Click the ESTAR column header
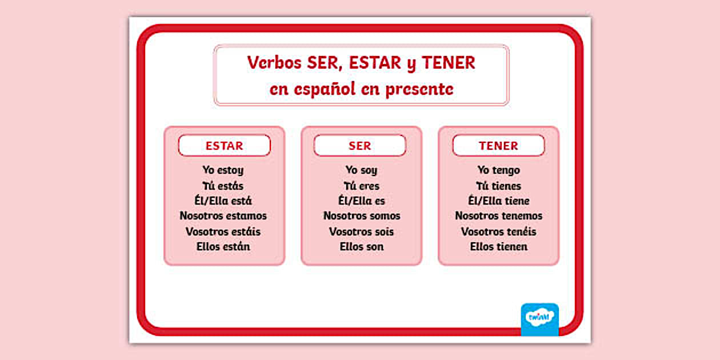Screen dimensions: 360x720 224,146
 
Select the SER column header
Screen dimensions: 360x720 359,146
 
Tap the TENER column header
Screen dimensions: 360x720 498,146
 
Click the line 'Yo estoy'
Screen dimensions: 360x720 223,170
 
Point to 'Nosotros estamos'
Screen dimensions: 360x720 223,216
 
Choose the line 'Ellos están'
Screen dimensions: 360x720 223,247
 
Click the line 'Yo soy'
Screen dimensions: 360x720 361,170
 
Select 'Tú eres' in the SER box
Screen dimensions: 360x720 361,186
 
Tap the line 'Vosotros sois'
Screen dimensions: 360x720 361,231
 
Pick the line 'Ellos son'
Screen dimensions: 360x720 361,247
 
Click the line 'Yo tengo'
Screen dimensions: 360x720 498,170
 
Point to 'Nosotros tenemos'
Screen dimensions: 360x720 498,216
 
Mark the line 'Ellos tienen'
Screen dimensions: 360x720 498,247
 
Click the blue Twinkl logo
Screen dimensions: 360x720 539,319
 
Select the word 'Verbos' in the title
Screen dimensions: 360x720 274,63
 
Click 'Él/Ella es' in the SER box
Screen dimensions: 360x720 361,201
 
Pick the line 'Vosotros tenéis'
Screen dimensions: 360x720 498,231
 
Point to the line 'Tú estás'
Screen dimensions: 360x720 223,186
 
